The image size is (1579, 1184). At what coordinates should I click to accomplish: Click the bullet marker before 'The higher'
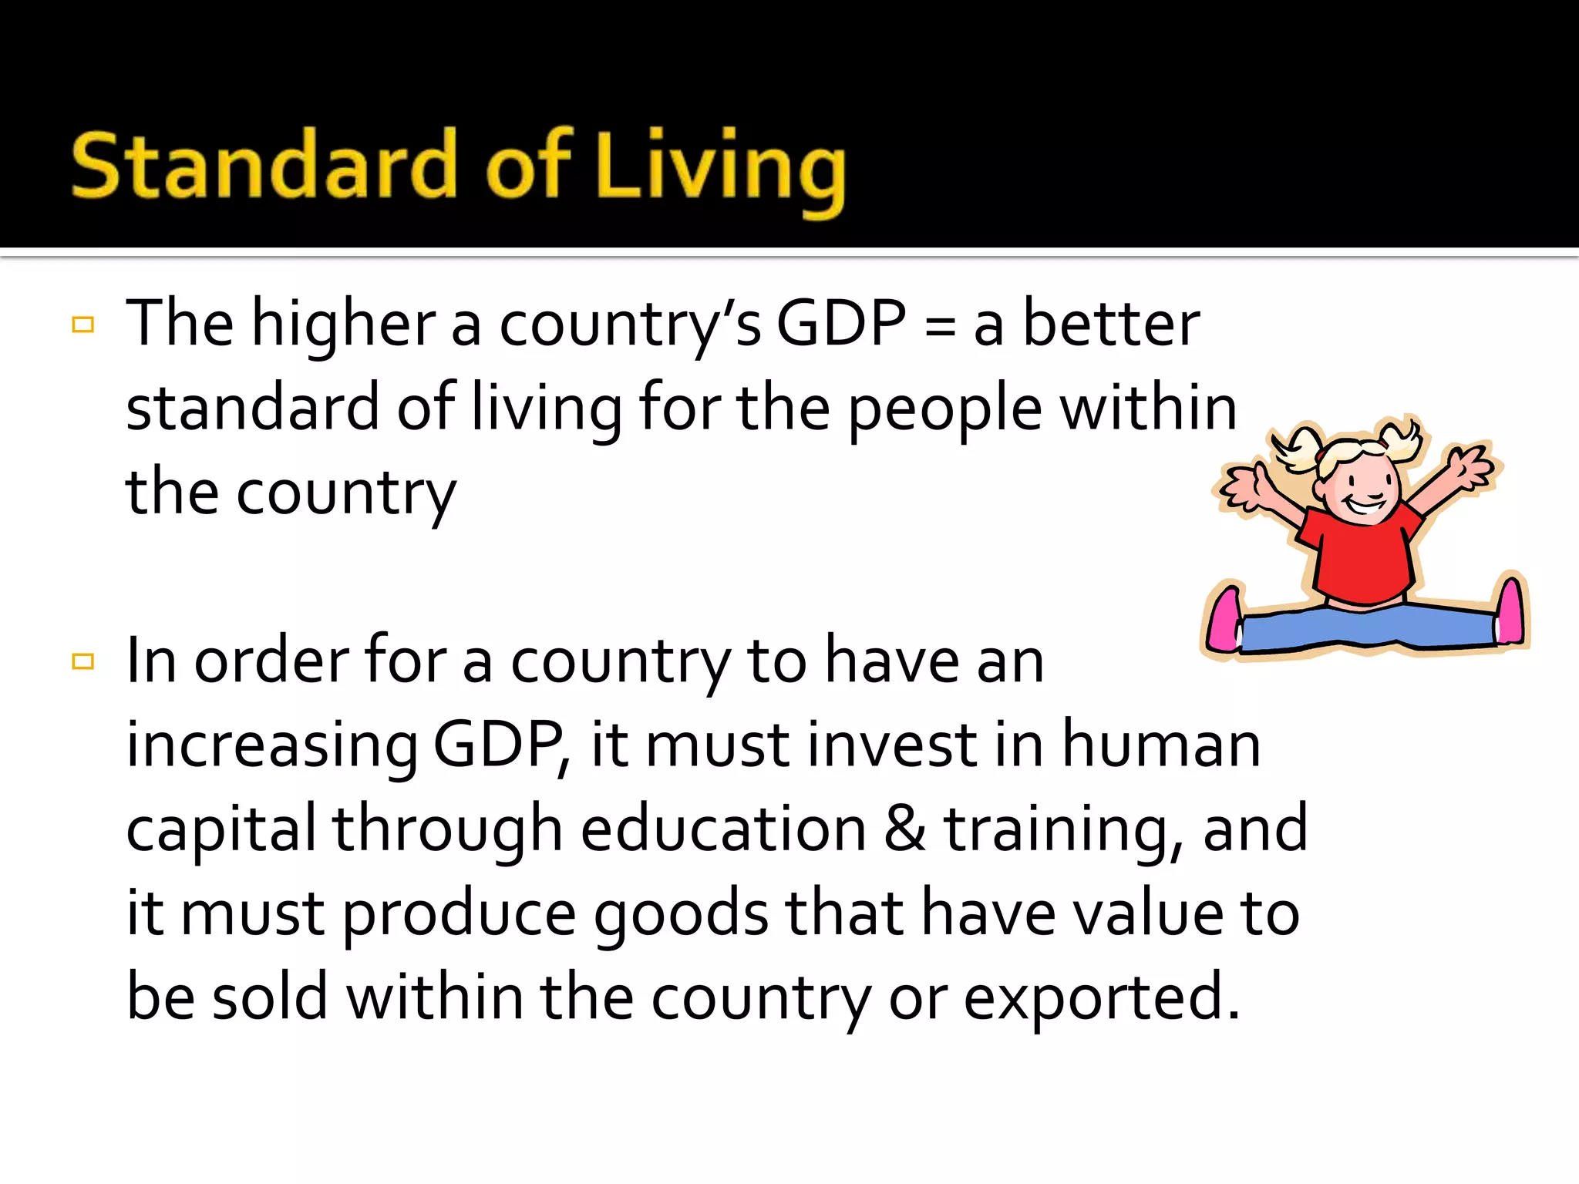[x=82, y=325]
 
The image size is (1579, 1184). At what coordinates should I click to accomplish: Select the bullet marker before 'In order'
[x=82, y=661]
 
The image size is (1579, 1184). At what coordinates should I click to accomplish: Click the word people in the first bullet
[x=945, y=411]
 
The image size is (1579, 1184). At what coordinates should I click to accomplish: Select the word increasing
[x=271, y=746]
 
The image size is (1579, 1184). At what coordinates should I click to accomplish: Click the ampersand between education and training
[x=905, y=829]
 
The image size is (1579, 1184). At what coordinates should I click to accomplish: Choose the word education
[x=723, y=829]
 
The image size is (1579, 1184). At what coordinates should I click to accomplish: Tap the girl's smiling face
[x=1361, y=486]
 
